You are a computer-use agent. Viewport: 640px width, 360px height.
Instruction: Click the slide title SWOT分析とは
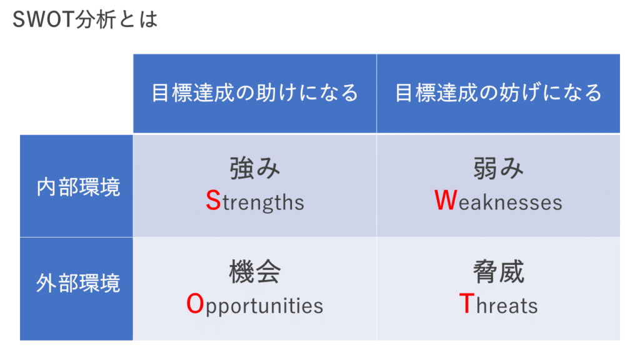[85, 19]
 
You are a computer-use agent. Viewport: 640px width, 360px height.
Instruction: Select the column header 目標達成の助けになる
[255, 92]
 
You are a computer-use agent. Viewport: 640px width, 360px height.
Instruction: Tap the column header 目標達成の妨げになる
[498, 92]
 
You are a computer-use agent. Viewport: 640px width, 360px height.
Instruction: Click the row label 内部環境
[78, 187]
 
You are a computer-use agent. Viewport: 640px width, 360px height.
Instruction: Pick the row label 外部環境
[78, 282]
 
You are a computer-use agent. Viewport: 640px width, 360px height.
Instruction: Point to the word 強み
[255, 168]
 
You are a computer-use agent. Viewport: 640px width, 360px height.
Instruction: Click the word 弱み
[498, 168]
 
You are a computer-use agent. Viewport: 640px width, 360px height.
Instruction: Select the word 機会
[255, 271]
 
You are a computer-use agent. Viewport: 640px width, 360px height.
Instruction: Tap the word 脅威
[498, 271]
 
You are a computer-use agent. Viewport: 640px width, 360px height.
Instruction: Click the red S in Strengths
[214, 201]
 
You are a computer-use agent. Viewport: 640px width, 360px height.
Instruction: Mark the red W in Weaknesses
[446, 201]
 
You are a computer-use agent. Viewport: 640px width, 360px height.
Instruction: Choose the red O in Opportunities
[195, 304]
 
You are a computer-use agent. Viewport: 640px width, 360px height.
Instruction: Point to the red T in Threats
[467, 304]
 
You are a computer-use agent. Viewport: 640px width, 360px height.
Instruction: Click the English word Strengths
[255, 201]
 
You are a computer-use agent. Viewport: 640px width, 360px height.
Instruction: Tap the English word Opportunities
[255, 305]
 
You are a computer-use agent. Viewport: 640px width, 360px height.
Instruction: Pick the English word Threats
[498, 304]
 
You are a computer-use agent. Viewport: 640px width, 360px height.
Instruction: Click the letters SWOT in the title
[44, 19]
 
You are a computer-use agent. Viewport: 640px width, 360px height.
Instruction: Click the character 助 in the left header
[266, 92]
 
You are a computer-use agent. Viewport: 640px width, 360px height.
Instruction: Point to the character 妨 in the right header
[510, 92]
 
